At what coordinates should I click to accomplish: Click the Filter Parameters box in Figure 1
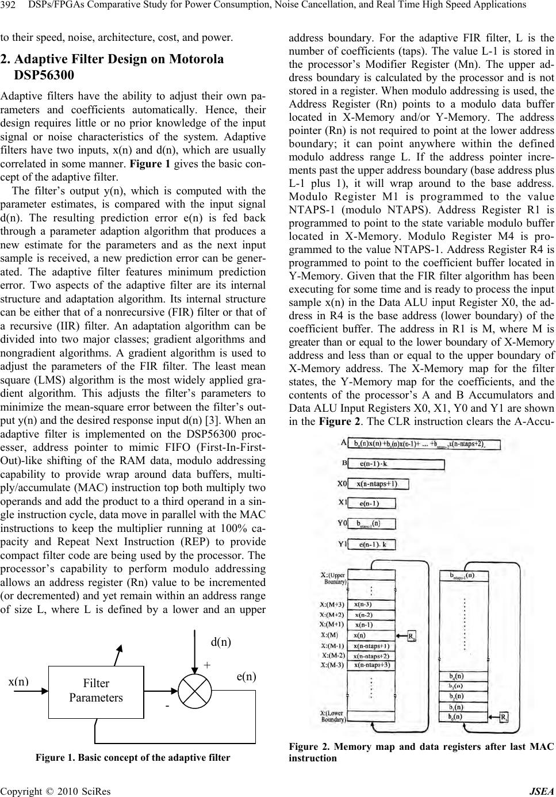point(95,691)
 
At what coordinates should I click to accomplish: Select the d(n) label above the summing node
point(221,642)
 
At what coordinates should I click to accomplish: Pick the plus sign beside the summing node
point(207,664)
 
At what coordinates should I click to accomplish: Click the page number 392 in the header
point(8,5)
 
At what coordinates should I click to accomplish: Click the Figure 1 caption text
point(133,757)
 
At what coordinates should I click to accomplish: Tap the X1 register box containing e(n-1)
point(373,504)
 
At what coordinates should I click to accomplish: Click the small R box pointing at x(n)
point(412,635)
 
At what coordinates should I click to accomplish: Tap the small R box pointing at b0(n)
point(504,717)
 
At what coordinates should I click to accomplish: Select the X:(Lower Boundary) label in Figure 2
point(332,716)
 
